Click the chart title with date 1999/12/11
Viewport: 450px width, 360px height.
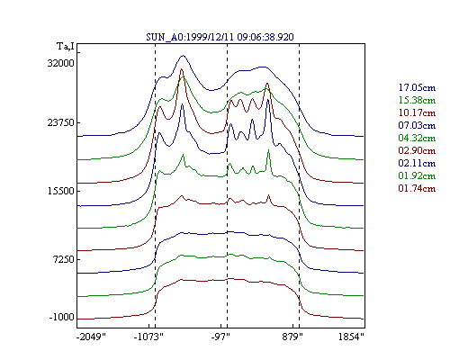(x=220, y=37)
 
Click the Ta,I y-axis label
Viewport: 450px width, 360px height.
(x=66, y=47)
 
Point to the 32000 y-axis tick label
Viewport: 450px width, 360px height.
(x=61, y=63)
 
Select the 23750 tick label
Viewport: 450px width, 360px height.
(x=61, y=123)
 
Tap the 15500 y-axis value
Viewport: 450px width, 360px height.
(x=61, y=191)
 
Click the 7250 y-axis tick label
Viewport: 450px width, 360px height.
(x=63, y=259)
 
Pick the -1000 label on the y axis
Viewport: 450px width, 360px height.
(x=61, y=317)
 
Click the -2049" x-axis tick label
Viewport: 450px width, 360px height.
(x=92, y=337)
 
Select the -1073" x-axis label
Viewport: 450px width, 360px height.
(x=148, y=337)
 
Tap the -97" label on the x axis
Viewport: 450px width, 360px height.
(x=220, y=337)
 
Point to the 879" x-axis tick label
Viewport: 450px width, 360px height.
(x=292, y=337)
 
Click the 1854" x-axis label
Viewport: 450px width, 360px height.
(x=351, y=337)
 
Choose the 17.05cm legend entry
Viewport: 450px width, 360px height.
(x=417, y=87)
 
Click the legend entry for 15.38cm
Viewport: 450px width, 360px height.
(x=417, y=100)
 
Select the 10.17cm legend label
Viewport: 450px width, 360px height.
(x=417, y=112)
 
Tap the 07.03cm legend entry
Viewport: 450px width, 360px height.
(x=417, y=125)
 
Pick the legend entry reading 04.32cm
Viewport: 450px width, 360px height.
(x=417, y=138)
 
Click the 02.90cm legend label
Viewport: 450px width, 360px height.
(x=417, y=150)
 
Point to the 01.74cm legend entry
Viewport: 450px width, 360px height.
(x=417, y=188)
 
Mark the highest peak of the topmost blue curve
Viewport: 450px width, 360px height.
(x=183, y=56)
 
